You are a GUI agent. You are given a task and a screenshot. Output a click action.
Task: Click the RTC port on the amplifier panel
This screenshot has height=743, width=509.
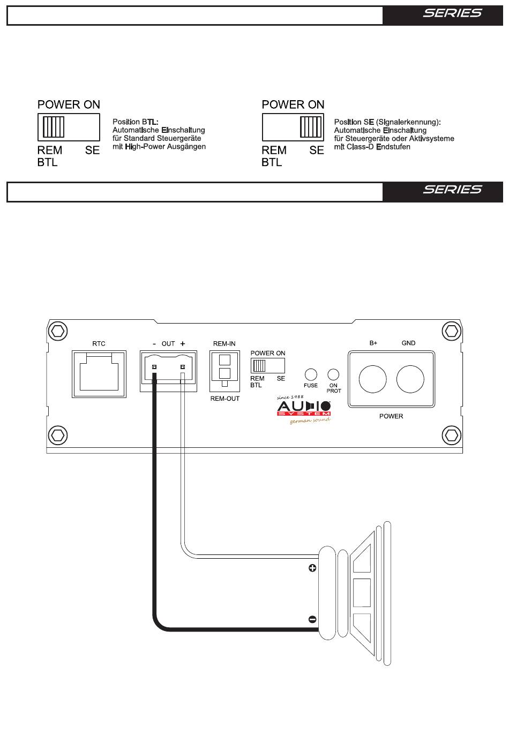click(99, 374)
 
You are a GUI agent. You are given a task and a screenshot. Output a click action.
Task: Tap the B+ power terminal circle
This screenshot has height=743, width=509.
click(372, 379)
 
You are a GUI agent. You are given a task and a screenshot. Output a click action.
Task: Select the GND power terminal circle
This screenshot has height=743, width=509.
click(410, 379)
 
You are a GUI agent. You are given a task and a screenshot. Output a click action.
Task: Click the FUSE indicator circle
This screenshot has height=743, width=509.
click(311, 375)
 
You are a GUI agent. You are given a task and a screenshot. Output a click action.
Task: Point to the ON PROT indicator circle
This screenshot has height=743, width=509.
click(333, 375)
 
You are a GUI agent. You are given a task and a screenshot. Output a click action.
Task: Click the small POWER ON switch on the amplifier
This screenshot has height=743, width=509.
click(268, 365)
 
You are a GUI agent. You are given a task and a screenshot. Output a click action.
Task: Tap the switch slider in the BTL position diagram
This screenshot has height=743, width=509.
click(54, 127)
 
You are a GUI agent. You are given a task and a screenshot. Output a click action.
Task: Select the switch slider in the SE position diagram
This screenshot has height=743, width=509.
click(311, 127)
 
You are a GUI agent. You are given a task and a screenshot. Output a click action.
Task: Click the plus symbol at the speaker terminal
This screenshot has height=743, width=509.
click(312, 568)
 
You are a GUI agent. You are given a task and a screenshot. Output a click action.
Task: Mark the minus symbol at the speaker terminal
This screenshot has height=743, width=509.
click(312, 619)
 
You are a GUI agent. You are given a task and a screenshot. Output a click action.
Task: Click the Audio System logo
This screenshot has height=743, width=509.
click(304, 410)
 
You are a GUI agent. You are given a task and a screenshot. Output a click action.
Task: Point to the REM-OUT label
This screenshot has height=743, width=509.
click(225, 399)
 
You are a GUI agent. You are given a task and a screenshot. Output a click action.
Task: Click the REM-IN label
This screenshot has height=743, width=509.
click(224, 343)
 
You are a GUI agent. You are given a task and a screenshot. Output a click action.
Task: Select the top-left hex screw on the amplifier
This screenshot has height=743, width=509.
click(58, 331)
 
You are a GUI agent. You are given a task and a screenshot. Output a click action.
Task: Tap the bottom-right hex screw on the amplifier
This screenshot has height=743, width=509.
click(452, 435)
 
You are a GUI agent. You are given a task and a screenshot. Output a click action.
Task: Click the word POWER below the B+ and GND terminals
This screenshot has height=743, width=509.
click(391, 416)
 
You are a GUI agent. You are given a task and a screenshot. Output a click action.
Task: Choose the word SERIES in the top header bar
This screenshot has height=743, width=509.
click(452, 13)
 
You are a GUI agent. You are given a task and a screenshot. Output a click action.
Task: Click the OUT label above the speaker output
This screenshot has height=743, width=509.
click(168, 344)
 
